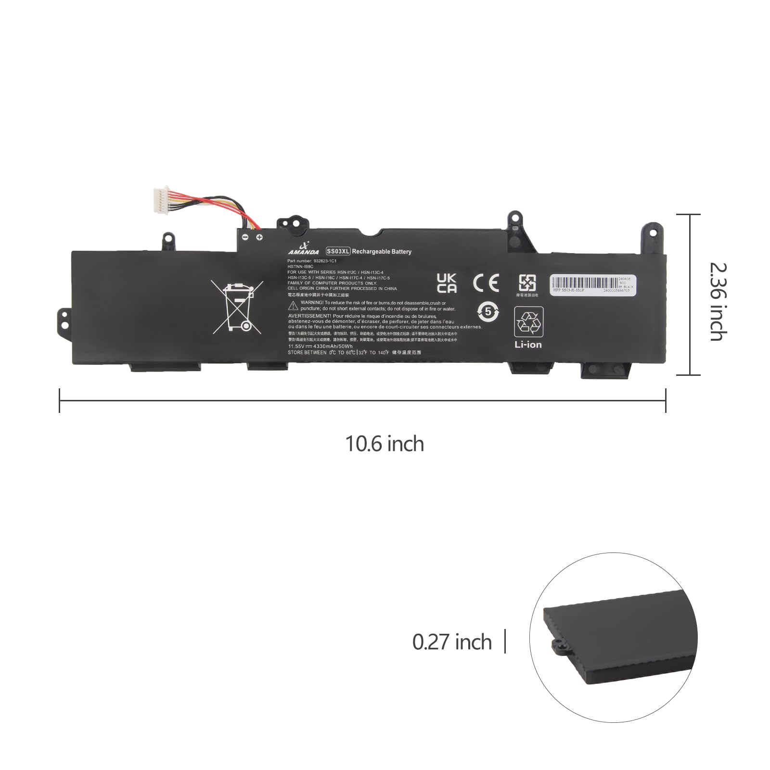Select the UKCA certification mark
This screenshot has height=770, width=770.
click(x=446, y=283)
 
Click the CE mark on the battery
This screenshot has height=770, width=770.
click(x=486, y=283)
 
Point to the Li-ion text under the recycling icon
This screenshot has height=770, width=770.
click(x=528, y=345)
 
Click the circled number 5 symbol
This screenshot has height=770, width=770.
click(x=488, y=311)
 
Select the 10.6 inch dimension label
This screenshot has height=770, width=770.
click(x=385, y=444)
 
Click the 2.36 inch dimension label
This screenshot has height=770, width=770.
click(x=716, y=301)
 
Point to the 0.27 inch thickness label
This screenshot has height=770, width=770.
click(x=452, y=642)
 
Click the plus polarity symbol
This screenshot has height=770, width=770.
click(x=259, y=237)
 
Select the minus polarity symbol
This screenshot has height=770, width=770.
click(x=245, y=237)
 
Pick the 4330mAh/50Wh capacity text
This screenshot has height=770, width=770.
click(x=333, y=346)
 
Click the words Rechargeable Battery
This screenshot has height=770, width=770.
click(x=382, y=251)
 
